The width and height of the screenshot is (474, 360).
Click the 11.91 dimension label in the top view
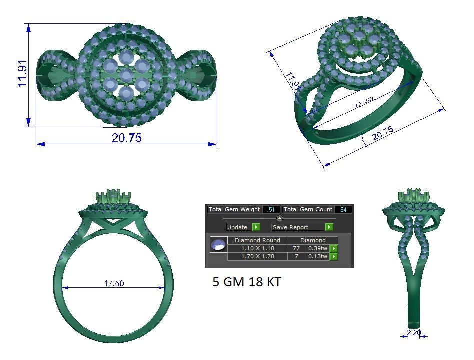pyautogui.click(x=23, y=75)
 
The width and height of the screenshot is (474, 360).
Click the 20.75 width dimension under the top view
pyautogui.click(x=126, y=138)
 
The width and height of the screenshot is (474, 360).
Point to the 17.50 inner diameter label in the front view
pyautogui.click(x=114, y=283)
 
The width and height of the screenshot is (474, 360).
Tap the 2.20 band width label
pyautogui.click(x=414, y=332)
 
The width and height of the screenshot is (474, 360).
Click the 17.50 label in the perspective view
pyautogui.click(x=364, y=102)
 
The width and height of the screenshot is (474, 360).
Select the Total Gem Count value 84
pyautogui.click(x=343, y=209)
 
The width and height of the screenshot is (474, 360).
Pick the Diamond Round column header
pyautogui.click(x=257, y=240)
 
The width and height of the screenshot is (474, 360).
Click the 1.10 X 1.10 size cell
pyautogui.click(x=257, y=248)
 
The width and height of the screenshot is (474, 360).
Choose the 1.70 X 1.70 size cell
pyautogui.click(x=257, y=256)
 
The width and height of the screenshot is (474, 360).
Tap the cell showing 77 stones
pyautogui.click(x=295, y=248)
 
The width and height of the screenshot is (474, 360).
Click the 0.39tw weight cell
pyautogui.click(x=317, y=248)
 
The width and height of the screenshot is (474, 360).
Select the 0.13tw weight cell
pyautogui.click(x=317, y=256)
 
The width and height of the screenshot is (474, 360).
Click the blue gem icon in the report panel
pyautogui.click(x=218, y=245)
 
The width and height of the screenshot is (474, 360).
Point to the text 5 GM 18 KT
pyautogui.click(x=247, y=282)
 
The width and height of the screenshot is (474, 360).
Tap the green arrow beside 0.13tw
pyautogui.click(x=334, y=256)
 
